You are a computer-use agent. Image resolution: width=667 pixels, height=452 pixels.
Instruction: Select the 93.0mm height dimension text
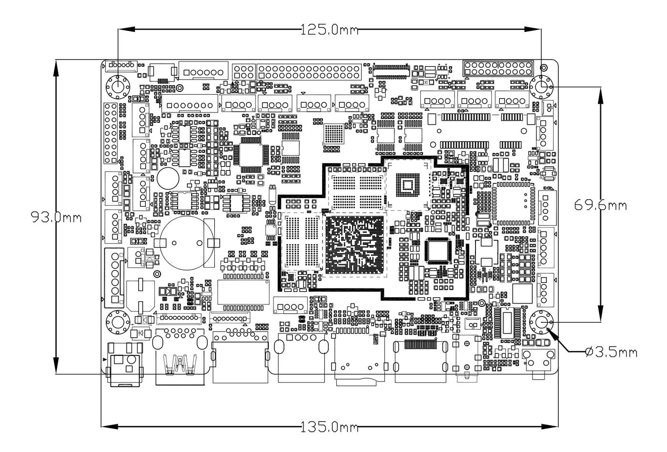pyautogui.click(x=56, y=218)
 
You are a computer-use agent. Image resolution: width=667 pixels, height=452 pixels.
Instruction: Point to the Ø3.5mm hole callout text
pyautogui.click(x=612, y=352)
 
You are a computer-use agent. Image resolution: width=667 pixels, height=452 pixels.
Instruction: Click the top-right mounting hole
pyautogui.click(x=541, y=87)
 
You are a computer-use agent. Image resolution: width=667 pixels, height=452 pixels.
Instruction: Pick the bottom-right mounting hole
pyautogui.click(x=541, y=322)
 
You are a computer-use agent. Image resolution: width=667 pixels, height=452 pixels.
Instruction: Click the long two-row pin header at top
pyautogui.click(x=309, y=72)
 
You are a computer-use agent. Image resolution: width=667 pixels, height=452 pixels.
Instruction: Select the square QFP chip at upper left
pyautogui.click(x=251, y=154)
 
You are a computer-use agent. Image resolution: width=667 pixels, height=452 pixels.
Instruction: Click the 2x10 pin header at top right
pyautogui.click(x=497, y=68)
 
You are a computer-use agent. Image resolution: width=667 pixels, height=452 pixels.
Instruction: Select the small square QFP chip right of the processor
pyautogui.click(x=439, y=250)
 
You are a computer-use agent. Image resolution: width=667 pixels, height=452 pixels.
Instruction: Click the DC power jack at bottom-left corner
pyautogui.click(x=126, y=364)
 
